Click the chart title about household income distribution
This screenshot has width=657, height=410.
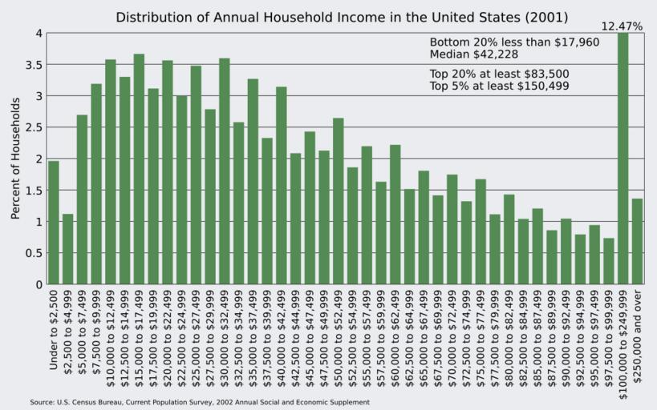point(342,17)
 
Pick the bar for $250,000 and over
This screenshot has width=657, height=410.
point(637,241)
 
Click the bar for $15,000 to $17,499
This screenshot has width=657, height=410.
point(139,169)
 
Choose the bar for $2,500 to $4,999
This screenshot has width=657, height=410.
point(68,249)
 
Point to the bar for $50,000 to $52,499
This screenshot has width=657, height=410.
point(339,201)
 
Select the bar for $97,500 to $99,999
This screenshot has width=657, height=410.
point(609,261)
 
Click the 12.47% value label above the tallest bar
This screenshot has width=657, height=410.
point(621,26)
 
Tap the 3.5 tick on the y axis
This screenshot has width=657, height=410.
point(33,64)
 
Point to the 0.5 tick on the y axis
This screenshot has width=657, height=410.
point(33,253)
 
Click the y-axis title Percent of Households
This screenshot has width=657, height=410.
point(15,159)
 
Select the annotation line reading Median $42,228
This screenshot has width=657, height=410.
point(473,54)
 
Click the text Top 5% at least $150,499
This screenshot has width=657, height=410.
point(500,86)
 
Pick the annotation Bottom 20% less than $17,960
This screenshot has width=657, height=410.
point(514,42)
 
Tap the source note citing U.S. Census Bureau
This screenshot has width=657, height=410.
point(200,402)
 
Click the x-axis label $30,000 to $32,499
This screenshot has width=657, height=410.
point(225,330)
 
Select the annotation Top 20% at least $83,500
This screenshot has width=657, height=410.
point(499,74)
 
